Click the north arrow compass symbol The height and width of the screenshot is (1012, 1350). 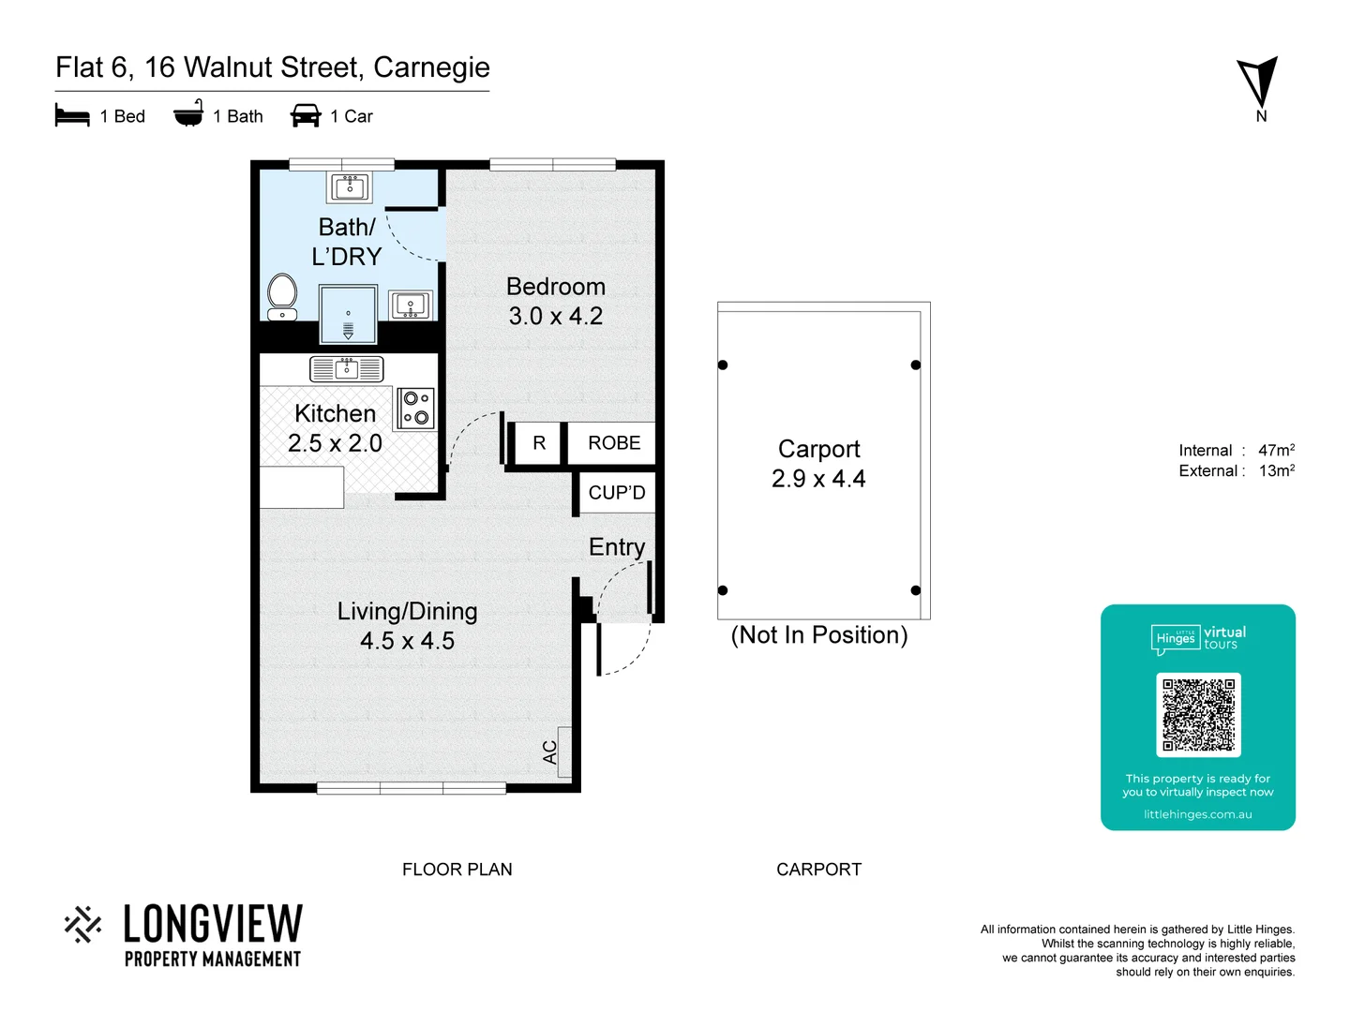click(x=1259, y=83)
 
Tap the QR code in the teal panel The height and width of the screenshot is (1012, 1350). click(x=1198, y=715)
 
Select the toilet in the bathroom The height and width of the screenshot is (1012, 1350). click(x=282, y=295)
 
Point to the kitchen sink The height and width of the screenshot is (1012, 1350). click(x=346, y=369)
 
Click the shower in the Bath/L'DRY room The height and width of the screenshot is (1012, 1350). click(x=348, y=315)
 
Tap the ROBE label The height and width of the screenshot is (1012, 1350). click(x=614, y=443)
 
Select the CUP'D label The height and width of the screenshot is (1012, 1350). click(x=616, y=493)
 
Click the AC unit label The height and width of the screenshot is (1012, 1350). click(x=550, y=752)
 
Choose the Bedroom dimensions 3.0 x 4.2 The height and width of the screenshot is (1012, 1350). click(x=556, y=317)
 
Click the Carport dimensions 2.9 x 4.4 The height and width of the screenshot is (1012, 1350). click(x=818, y=479)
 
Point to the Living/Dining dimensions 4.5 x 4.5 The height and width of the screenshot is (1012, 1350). click(x=407, y=641)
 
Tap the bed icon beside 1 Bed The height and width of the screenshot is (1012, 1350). click(x=72, y=116)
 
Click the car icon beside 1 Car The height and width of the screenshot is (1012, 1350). click(x=306, y=115)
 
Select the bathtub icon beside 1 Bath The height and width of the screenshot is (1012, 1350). click(x=188, y=114)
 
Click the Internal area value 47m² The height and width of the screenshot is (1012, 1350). click(x=1276, y=451)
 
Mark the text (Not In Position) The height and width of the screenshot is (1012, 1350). click(x=818, y=635)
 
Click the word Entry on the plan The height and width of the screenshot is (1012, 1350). click(x=616, y=547)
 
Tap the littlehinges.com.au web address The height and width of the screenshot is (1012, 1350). click(x=1197, y=814)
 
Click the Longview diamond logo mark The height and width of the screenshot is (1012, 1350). click(x=83, y=924)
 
